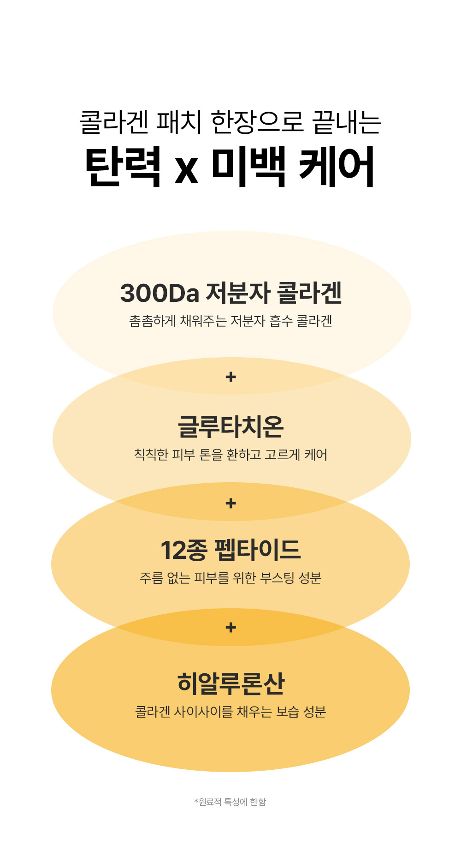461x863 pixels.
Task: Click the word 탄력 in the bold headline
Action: click(x=123, y=166)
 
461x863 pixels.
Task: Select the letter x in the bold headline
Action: click(x=186, y=169)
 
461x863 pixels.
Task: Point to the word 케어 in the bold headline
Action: click(x=336, y=166)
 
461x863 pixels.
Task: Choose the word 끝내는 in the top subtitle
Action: click(x=347, y=122)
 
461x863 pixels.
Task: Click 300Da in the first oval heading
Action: click(x=160, y=293)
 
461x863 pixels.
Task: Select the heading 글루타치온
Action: click(x=230, y=426)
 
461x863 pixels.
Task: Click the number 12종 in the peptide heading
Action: click(x=183, y=550)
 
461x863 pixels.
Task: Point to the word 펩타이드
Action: click(x=258, y=550)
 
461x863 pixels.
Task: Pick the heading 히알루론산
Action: click(x=230, y=683)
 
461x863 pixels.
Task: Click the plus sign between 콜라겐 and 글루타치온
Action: click(x=230, y=377)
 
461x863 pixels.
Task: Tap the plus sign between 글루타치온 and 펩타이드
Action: click(x=230, y=503)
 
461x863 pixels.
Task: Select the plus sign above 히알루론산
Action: click(x=230, y=628)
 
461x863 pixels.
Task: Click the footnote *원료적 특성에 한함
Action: click(x=230, y=802)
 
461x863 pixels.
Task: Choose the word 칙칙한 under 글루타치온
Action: click(x=151, y=455)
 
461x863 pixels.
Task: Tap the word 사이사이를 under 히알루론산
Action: click(x=203, y=712)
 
